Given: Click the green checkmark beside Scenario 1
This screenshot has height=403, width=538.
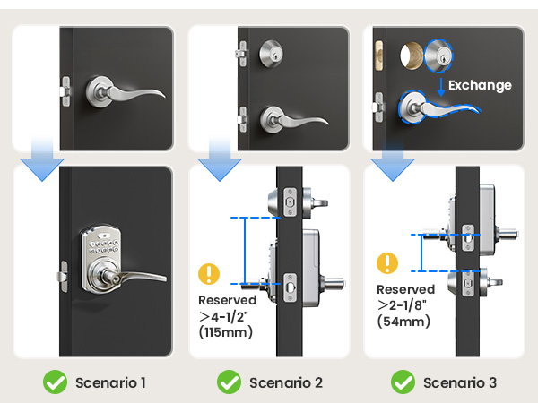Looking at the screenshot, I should coord(56,382).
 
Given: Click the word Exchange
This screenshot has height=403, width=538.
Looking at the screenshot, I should coord(480,86).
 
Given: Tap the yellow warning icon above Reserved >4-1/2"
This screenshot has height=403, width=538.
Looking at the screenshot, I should coord(210,273).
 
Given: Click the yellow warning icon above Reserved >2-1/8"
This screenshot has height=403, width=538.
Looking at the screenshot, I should coord(387,262).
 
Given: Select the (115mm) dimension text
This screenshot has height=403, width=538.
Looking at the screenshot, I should coord(226,332).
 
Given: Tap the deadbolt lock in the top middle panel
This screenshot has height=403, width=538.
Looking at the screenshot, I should coord(270,51).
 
